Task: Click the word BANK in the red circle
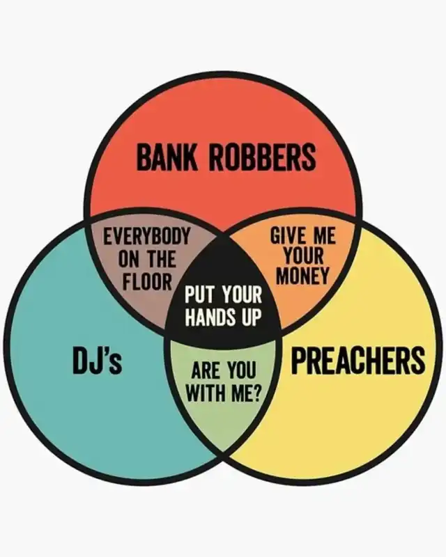(167, 157)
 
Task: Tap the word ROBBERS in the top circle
(263, 157)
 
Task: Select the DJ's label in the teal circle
(97, 360)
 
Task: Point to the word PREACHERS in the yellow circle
(358, 360)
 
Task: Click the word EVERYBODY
(146, 237)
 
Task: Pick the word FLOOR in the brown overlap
(147, 281)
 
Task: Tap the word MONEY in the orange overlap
(303, 276)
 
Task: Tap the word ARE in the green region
(204, 371)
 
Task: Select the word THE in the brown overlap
(162, 259)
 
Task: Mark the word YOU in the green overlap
(242, 371)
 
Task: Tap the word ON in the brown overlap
(128, 259)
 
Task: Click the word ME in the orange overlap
(324, 235)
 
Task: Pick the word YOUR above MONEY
(303, 256)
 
